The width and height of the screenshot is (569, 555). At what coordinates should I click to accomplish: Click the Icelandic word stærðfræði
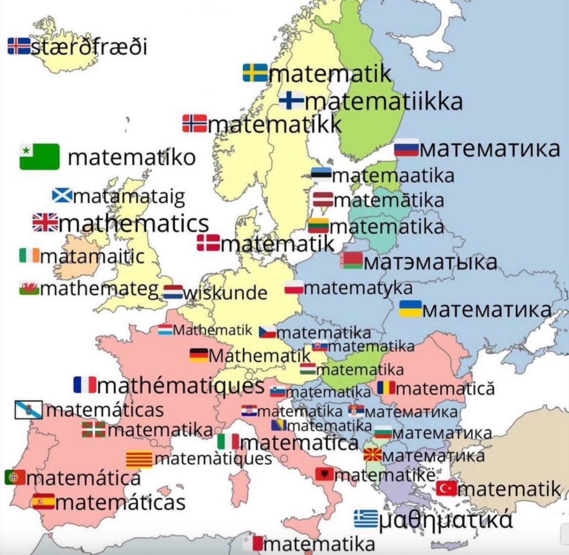(89, 47)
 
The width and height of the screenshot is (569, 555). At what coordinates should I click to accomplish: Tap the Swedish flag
(255, 73)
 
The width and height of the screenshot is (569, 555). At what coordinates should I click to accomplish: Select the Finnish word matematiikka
(384, 102)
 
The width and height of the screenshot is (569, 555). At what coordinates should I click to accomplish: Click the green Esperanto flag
(39, 156)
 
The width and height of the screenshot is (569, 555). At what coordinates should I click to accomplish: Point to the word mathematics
(133, 224)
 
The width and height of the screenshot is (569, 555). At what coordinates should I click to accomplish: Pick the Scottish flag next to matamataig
(62, 196)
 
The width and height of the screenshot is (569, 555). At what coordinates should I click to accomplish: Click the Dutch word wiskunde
(225, 293)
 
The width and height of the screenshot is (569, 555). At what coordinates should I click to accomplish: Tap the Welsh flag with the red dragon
(29, 288)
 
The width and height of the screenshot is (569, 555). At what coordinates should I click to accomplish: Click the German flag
(198, 355)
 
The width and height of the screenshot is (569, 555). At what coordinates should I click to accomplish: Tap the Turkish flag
(446, 488)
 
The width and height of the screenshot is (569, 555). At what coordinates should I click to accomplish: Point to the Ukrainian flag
(411, 309)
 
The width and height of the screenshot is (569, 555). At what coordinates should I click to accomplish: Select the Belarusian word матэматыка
(431, 262)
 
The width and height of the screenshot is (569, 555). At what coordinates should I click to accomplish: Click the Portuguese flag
(15, 477)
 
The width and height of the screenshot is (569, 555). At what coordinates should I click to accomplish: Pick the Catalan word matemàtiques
(213, 459)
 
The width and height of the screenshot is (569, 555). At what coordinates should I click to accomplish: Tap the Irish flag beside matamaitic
(29, 256)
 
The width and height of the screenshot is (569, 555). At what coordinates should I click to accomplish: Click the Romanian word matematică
(444, 388)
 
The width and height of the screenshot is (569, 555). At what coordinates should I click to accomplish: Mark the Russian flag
(406, 148)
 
